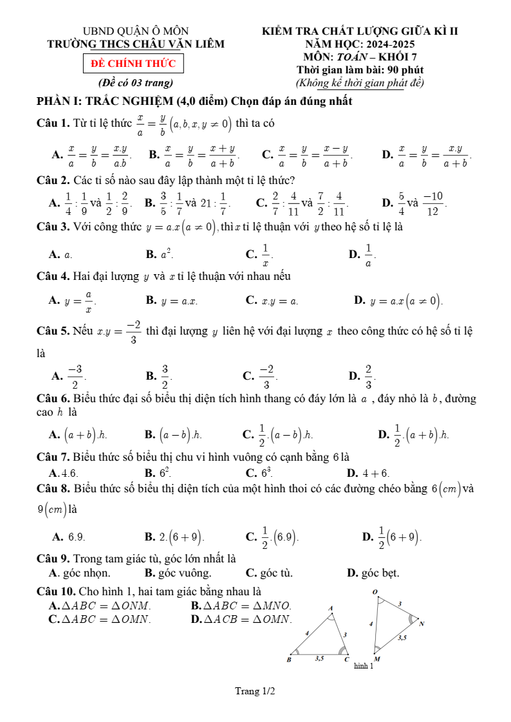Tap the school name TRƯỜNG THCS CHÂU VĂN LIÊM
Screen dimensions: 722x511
[x=136, y=44]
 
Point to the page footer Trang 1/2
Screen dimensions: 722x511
[x=255, y=692]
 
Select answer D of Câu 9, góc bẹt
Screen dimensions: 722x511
[x=373, y=573]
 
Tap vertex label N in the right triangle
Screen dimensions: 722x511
[x=422, y=624]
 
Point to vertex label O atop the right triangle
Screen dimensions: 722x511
[x=375, y=591]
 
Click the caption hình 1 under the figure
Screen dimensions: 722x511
[x=363, y=666]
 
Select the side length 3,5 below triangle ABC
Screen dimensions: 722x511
[x=319, y=659]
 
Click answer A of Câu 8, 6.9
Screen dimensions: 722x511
[x=71, y=536]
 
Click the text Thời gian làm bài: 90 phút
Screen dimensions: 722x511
[x=360, y=69]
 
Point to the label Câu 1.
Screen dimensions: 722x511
[x=53, y=122]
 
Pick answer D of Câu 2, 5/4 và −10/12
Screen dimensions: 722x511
[x=418, y=203]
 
